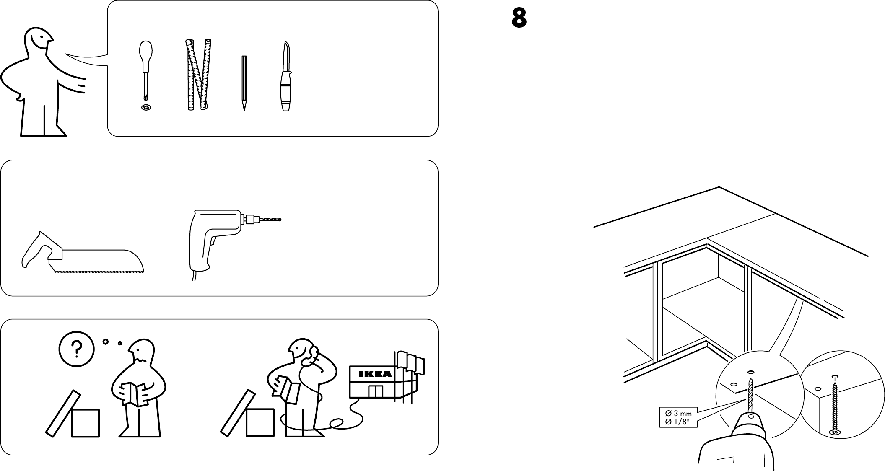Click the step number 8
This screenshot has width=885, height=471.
pos(519,18)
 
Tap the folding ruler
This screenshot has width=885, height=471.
pos(198,75)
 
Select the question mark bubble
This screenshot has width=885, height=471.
pos(76,349)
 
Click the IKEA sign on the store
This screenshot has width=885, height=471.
pos(371,374)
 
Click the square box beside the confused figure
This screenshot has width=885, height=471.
pos(85,423)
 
